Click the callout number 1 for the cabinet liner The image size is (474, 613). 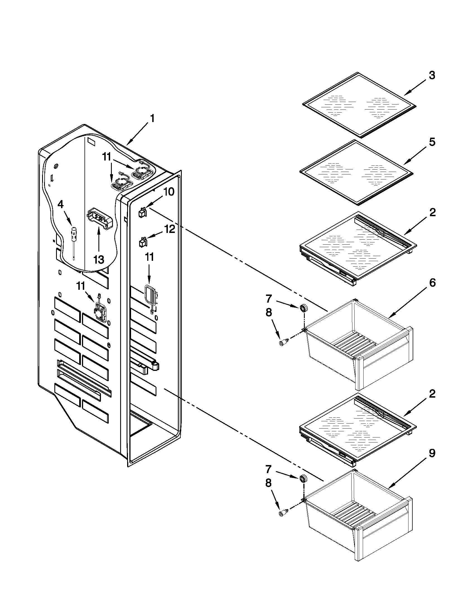coord(152,119)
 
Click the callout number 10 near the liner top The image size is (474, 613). coord(169,192)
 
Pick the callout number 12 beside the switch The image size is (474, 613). coord(170,229)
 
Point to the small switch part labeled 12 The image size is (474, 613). coord(143,242)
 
